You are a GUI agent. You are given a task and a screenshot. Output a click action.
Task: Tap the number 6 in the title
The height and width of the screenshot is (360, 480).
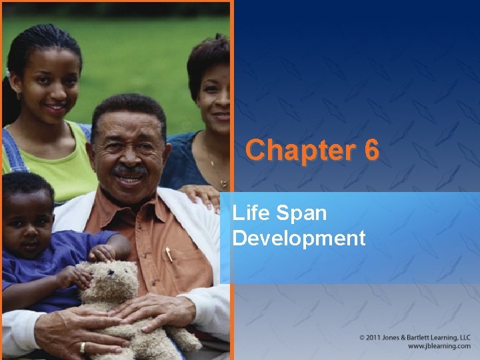371,150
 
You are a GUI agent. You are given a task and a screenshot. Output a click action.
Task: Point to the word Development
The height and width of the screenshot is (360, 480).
299,237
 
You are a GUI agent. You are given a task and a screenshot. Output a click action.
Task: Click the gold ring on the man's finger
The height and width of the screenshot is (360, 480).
83,347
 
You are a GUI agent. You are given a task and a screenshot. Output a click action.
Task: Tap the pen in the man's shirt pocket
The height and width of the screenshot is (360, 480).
169,254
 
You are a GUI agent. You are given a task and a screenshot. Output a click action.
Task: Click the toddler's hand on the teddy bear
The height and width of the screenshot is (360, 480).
102,253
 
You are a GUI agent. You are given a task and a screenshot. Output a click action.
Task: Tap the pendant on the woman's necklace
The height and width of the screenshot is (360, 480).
224,182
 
